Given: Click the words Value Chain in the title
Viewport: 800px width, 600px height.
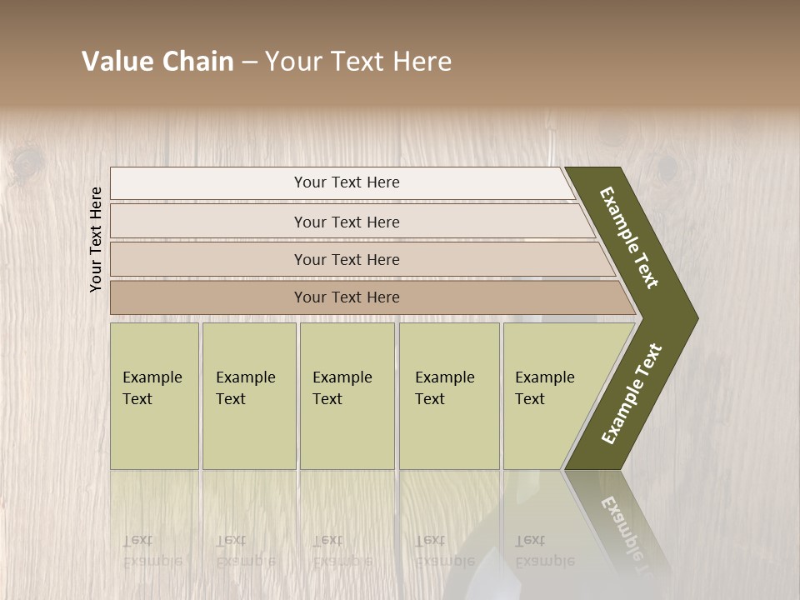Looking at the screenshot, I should point(157,62).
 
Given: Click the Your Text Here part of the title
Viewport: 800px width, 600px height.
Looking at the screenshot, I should point(358,62).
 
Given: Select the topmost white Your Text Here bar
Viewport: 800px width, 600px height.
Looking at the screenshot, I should point(347,182).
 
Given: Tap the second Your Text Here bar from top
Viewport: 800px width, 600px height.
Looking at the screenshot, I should point(347,222).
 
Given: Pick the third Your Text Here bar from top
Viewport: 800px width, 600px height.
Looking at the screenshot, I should point(347,259).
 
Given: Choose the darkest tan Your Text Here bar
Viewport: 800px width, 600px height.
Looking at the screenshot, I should point(347,297).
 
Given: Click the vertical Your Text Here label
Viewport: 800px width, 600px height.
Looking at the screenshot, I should point(96,239).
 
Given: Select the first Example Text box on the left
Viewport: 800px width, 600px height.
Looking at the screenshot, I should point(154,395).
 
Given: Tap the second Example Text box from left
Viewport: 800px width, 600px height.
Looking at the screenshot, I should point(248,395).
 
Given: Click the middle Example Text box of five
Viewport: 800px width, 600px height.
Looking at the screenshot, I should point(347,395).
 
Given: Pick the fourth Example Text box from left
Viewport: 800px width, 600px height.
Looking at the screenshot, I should point(449,395).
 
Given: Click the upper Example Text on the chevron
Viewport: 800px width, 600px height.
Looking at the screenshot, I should point(629,237).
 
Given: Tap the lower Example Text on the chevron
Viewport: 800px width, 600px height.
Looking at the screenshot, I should point(632,393).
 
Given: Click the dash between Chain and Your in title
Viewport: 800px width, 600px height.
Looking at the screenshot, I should point(249,62).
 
